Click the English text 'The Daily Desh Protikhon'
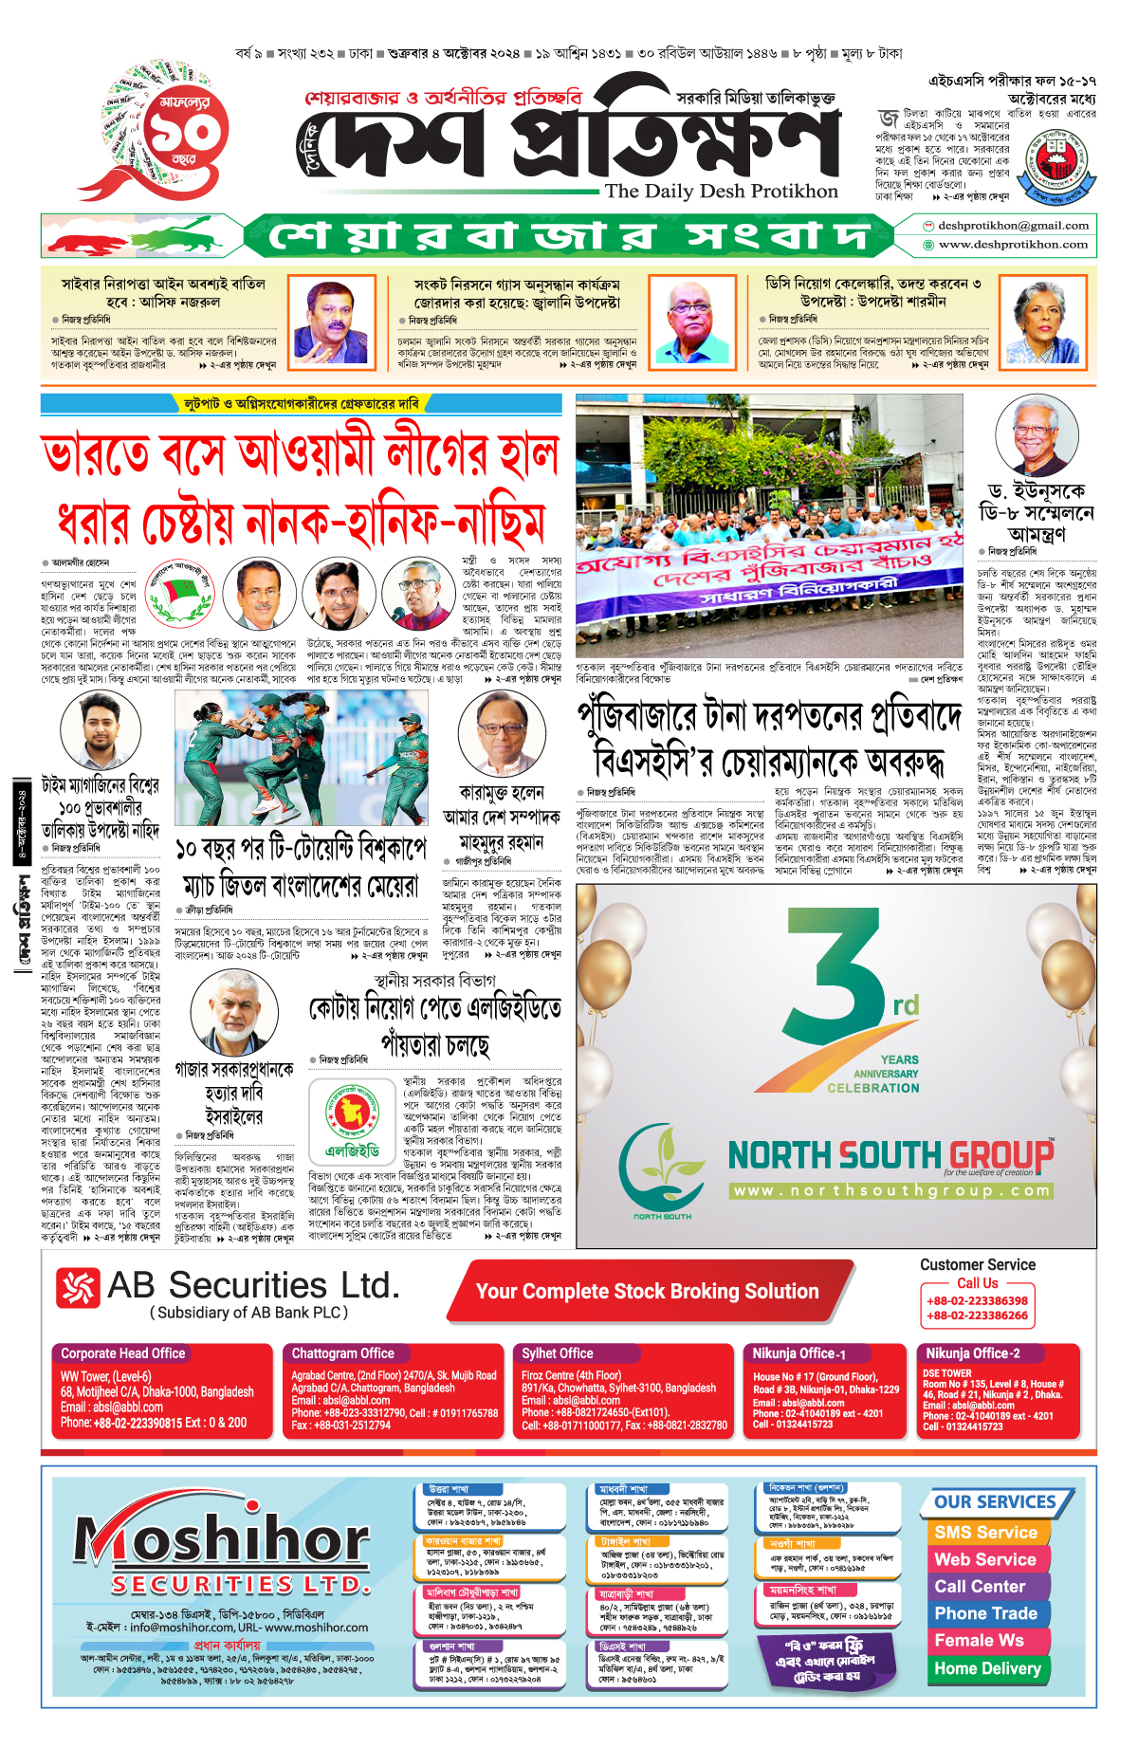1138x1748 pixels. tap(721, 191)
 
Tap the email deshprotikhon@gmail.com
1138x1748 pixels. tap(1013, 226)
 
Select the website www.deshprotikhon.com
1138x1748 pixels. tap(1013, 245)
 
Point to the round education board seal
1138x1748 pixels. tap(1060, 163)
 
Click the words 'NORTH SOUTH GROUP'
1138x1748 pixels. tap(890, 1155)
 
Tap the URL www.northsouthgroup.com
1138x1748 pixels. tap(891, 1190)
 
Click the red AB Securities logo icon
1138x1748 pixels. tap(78, 1288)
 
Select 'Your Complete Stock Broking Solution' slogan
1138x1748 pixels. tap(647, 1291)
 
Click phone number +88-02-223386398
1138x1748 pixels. tap(977, 1301)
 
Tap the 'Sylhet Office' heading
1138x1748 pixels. tap(558, 1353)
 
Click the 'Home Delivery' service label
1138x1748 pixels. tap(987, 1668)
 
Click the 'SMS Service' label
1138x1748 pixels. tap(985, 1532)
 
